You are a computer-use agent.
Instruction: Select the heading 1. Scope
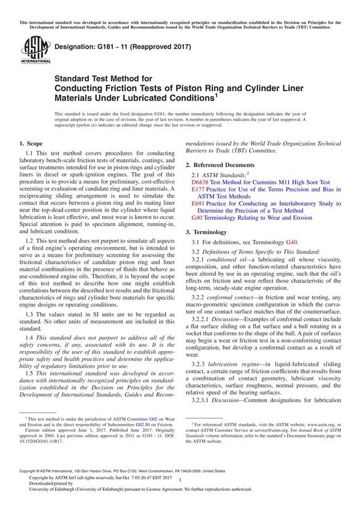click(31, 143)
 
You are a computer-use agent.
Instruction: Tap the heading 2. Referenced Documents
click(220, 164)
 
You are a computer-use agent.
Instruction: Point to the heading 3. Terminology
click(209, 231)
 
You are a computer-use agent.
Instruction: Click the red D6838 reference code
click(199, 182)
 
